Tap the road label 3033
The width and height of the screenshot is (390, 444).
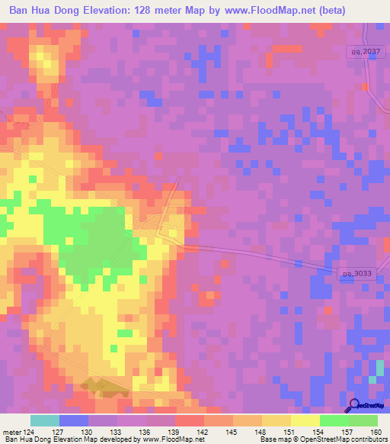(353, 273)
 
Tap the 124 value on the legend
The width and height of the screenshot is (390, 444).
(31, 431)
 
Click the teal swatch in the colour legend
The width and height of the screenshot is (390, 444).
(45, 420)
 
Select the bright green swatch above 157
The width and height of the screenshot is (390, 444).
(334, 420)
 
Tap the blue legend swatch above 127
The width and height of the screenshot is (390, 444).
(74, 420)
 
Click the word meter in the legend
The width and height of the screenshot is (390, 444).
(12, 431)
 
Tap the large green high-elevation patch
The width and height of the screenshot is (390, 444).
(91, 236)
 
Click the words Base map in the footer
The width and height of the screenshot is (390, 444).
(271, 439)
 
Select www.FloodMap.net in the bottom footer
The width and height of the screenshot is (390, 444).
(171, 439)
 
